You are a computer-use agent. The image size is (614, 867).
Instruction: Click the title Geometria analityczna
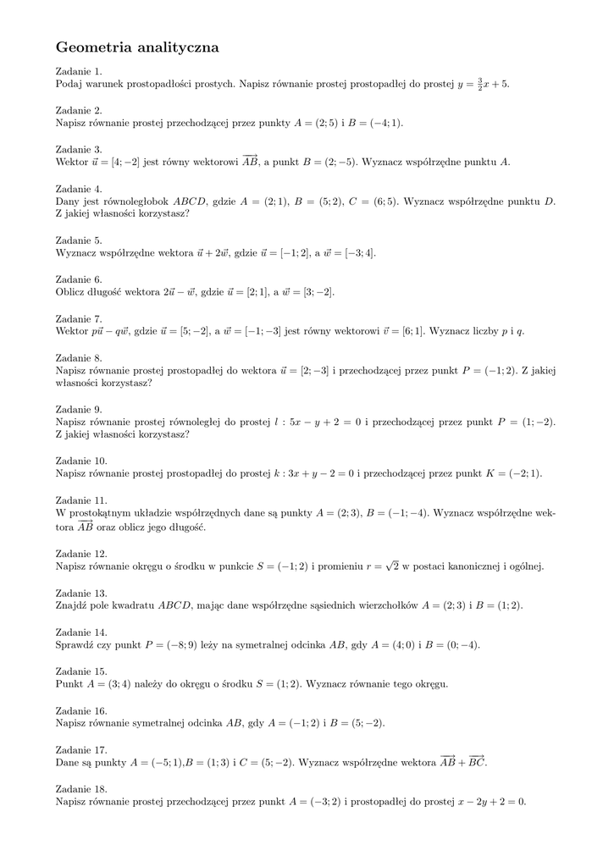coord(137,48)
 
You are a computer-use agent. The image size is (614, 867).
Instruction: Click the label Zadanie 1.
coord(79,71)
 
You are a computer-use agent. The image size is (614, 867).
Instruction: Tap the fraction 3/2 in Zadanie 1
coord(479,84)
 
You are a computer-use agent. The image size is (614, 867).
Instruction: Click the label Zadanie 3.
coord(79,149)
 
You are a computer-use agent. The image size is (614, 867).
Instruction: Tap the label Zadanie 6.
coord(79,279)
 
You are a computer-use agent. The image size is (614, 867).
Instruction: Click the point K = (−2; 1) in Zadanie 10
coord(513,473)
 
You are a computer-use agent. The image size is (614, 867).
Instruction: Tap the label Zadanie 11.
coord(81,500)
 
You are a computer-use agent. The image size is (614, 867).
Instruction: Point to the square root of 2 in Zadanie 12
coord(392,565)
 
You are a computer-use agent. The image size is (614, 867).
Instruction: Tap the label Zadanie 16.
coord(81,710)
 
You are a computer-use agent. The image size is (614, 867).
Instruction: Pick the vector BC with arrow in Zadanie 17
coord(477,761)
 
